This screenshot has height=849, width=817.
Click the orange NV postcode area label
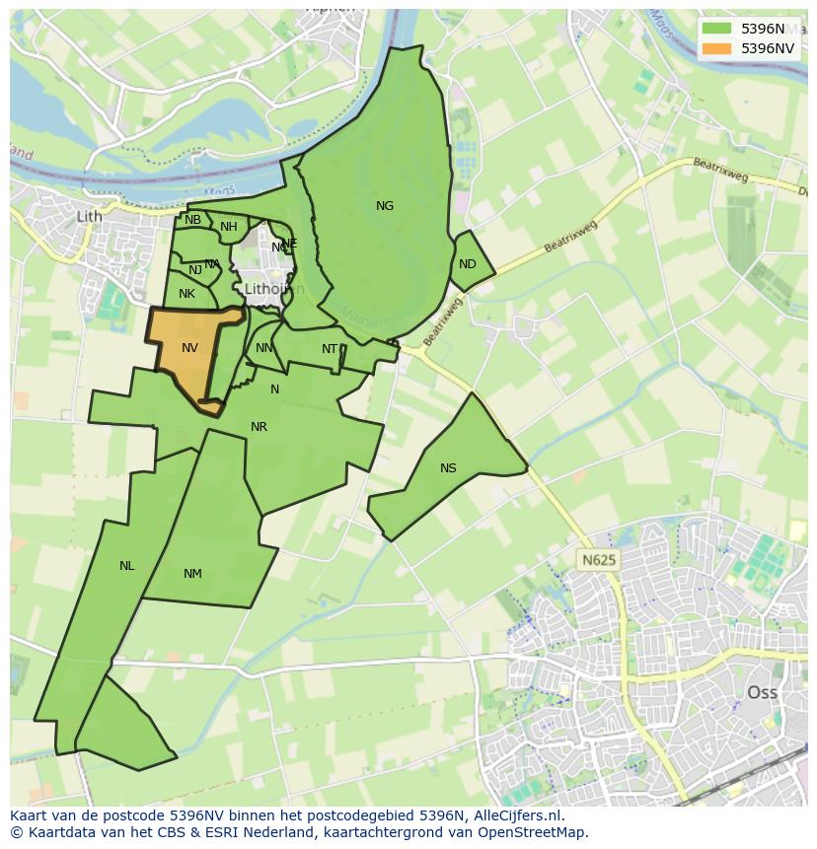tap(189, 348)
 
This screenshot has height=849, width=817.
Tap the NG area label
tap(385, 206)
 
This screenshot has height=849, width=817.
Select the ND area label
tap(468, 264)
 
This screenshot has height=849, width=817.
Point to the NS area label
tap(449, 468)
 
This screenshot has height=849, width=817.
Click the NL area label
tap(126, 566)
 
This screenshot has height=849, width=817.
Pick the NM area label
tap(192, 574)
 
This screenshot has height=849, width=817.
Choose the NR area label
tap(259, 427)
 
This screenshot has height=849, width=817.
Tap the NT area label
tap(330, 349)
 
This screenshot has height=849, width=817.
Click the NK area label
tap(186, 294)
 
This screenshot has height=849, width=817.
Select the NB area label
tap(192, 220)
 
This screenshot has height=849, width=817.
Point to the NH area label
tap(229, 227)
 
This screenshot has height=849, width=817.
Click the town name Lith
tap(89, 216)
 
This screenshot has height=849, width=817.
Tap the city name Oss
tap(762, 692)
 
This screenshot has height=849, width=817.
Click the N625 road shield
tap(598, 560)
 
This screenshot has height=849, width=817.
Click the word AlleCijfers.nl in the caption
tap(516, 815)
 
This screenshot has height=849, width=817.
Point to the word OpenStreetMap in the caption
tap(537, 832)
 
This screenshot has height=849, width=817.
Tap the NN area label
tap(264, 348)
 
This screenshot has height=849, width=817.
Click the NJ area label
tap(195, 270)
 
